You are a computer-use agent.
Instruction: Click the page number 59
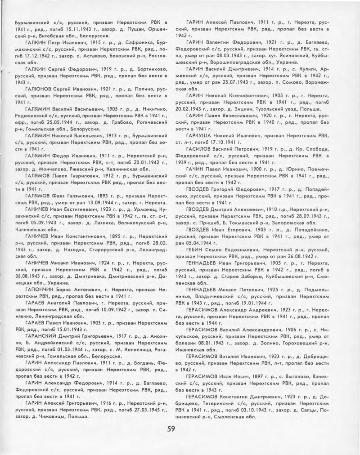click(171, 428)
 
